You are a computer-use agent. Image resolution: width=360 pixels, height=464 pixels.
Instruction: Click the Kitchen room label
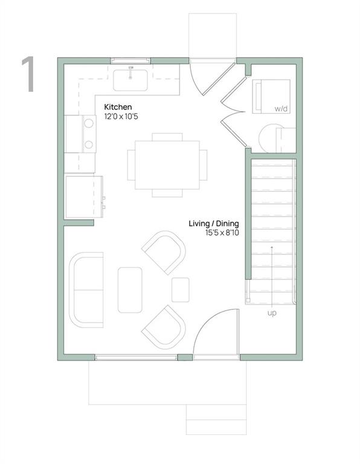118,106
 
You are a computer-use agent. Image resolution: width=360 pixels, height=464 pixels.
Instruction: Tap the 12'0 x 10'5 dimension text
121,116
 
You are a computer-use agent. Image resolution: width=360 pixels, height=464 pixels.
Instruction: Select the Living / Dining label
214,224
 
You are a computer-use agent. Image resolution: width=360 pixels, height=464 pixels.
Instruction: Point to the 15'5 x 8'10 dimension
214,233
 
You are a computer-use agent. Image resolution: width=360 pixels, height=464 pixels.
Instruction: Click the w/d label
281,109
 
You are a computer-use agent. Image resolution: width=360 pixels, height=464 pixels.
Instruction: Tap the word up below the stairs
272,313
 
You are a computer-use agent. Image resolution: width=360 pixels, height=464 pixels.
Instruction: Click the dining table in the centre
167,165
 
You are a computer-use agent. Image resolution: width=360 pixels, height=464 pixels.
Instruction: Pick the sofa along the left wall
86,290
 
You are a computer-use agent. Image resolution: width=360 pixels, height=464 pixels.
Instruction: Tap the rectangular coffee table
130,290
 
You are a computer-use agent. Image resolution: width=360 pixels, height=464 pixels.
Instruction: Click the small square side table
180,290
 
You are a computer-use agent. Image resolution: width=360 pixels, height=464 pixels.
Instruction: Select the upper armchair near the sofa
164,251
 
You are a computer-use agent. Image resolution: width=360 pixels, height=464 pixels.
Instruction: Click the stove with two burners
81,134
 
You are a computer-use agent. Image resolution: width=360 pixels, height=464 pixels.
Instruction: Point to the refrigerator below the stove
83,197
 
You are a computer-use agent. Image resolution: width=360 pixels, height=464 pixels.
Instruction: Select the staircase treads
272,230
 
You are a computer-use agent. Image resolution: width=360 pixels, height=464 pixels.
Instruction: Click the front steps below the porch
216,419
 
